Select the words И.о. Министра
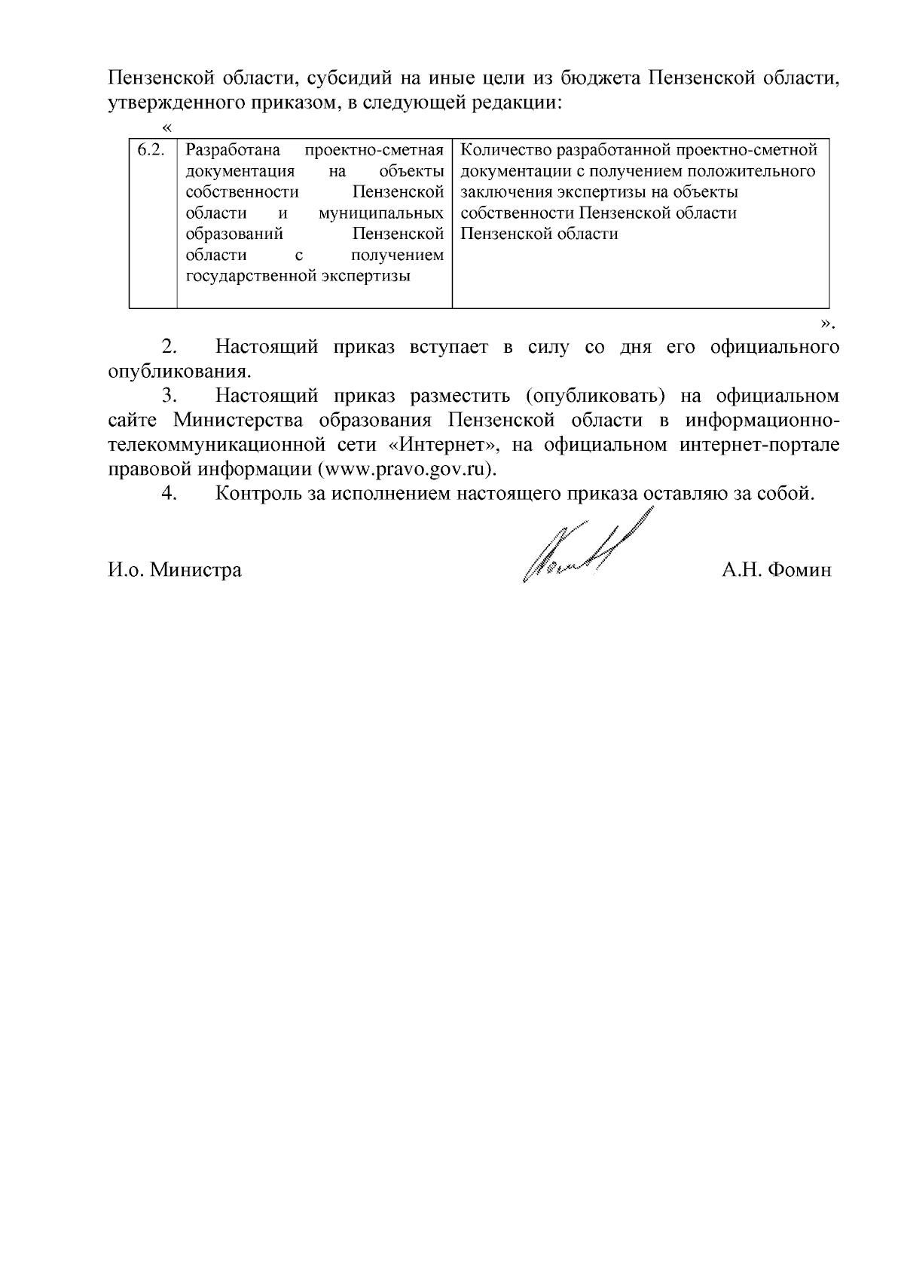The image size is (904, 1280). coord(175,570)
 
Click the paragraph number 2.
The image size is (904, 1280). coord(169,348)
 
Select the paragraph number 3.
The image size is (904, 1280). coord(169,396)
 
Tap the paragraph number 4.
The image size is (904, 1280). coord(169,494)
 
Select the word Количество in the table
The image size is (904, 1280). coord(499,150)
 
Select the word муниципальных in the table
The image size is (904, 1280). coord(380,213)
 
